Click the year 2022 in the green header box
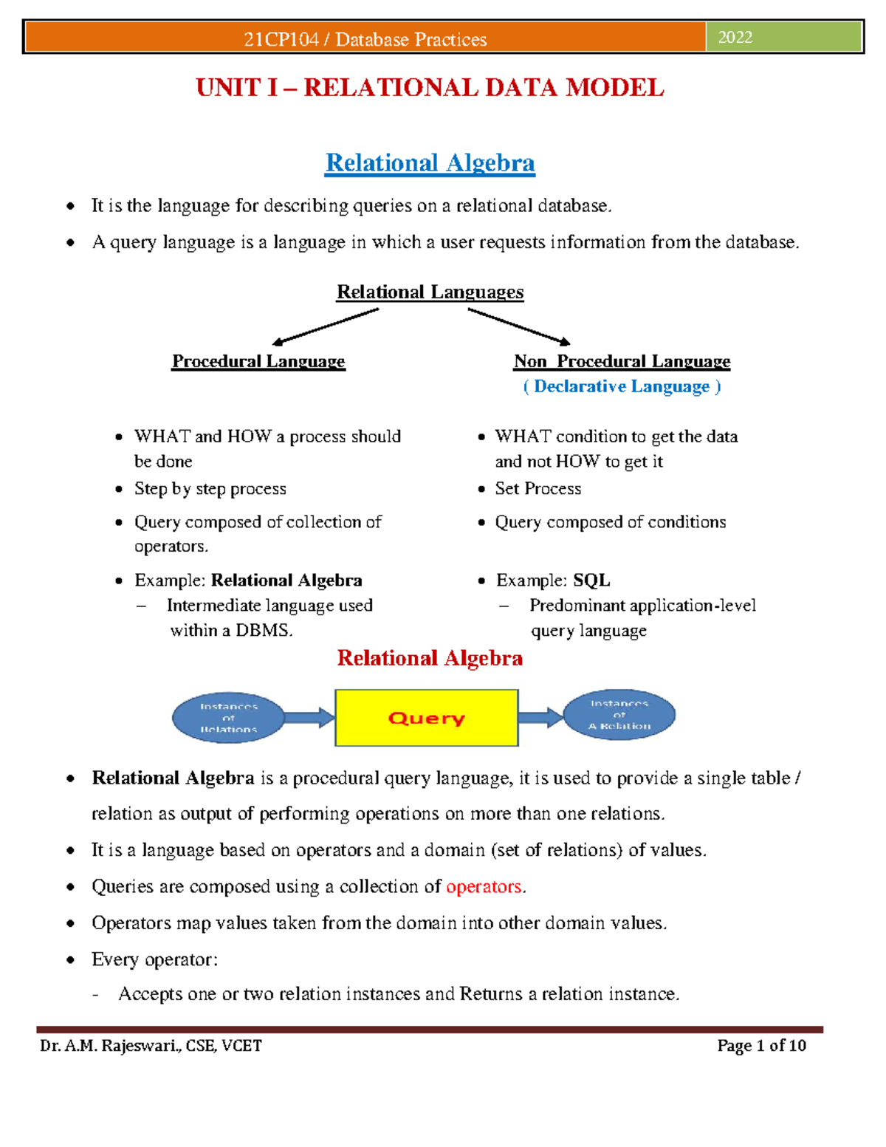point(735,38)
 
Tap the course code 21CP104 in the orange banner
point(281,40)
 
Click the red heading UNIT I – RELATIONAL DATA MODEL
point(430,88)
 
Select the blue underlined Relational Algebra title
point(430,162)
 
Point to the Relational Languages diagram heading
point(430,292)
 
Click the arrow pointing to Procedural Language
point(325,326)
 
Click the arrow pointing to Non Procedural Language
point(519,326)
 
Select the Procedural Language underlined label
point(258,361)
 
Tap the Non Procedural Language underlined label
point(622,361)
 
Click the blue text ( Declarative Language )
point(622,386)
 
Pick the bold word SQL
point(591,581)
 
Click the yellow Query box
point(426,718)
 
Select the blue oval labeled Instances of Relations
point(228,718)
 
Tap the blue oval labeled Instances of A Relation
point(619,715)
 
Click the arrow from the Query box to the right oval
point(540,716)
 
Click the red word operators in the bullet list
point(484,886)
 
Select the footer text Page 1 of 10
point(761,1046)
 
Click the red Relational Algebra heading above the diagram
point(430,658)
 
